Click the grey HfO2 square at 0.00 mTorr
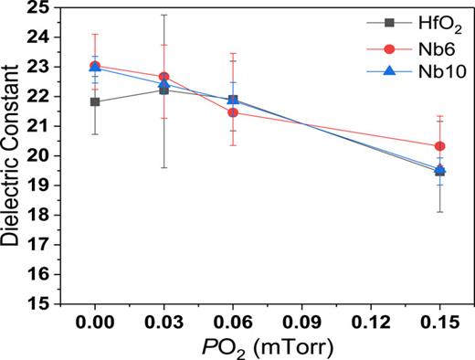click(x=95, y=101)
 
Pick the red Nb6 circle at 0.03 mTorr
click(x=164, y=77)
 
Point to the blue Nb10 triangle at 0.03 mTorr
click(x=164, y=84)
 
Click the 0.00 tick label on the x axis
click(x=95, y=321)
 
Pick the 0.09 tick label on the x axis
click(x=302, y=321)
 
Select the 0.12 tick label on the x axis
click(x=371, y=321)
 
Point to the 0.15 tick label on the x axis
click(x=440, y=321)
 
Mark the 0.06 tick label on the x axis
click(x=233, y=321)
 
